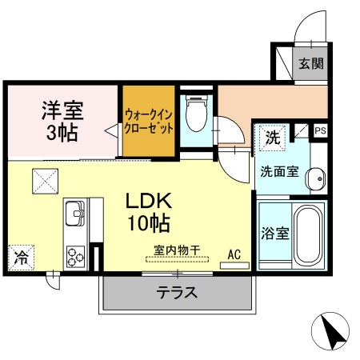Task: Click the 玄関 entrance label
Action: [x=311, y=63]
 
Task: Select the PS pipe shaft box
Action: [x=320, y=130]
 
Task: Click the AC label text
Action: [x=234, y=254]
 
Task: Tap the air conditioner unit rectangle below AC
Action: [x=234, y=266]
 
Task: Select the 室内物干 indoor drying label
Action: [x=177, y=250]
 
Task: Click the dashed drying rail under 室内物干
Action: [x=177, y=259]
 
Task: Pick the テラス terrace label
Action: [x=177, y=293]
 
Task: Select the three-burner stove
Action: [x=75, y=257]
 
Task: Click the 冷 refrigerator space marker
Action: [x=21, y=258]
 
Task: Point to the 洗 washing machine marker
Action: [x=273, y=138]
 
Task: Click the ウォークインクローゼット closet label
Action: [x=149, y=122]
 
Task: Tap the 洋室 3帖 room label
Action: [x=62, y=121]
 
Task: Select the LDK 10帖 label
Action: [x=149, y=212]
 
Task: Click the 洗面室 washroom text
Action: [x=279, y=171]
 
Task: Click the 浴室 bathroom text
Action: [x=275, y=234]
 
